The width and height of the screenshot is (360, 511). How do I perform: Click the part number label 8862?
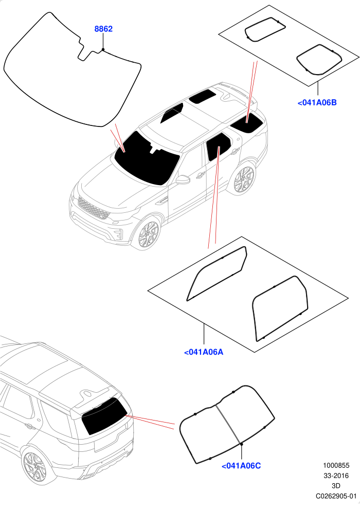coord(103,29)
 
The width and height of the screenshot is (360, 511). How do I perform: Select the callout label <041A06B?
coord(317,103)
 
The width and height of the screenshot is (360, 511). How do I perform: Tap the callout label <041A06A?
coord(204,352)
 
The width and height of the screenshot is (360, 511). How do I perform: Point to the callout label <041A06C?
coord(241,466)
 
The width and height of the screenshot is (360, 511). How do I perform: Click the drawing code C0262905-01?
coord(336,496)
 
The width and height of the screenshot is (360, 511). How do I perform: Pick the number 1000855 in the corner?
coord(336,466)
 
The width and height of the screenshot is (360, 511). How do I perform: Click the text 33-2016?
coord(336,476)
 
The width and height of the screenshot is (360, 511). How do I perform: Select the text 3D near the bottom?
coord(336,486)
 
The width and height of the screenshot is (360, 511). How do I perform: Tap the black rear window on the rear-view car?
coord(104,415)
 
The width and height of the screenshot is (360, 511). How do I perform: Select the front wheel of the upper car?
coord(148,234)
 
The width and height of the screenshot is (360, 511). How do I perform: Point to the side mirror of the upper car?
coord(183,179)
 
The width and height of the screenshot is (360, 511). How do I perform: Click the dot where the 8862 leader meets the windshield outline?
coord(103,49)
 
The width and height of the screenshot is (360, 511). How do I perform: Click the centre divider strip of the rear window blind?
coord(228,425)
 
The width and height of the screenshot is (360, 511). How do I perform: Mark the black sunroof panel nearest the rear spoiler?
coord(203,97)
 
